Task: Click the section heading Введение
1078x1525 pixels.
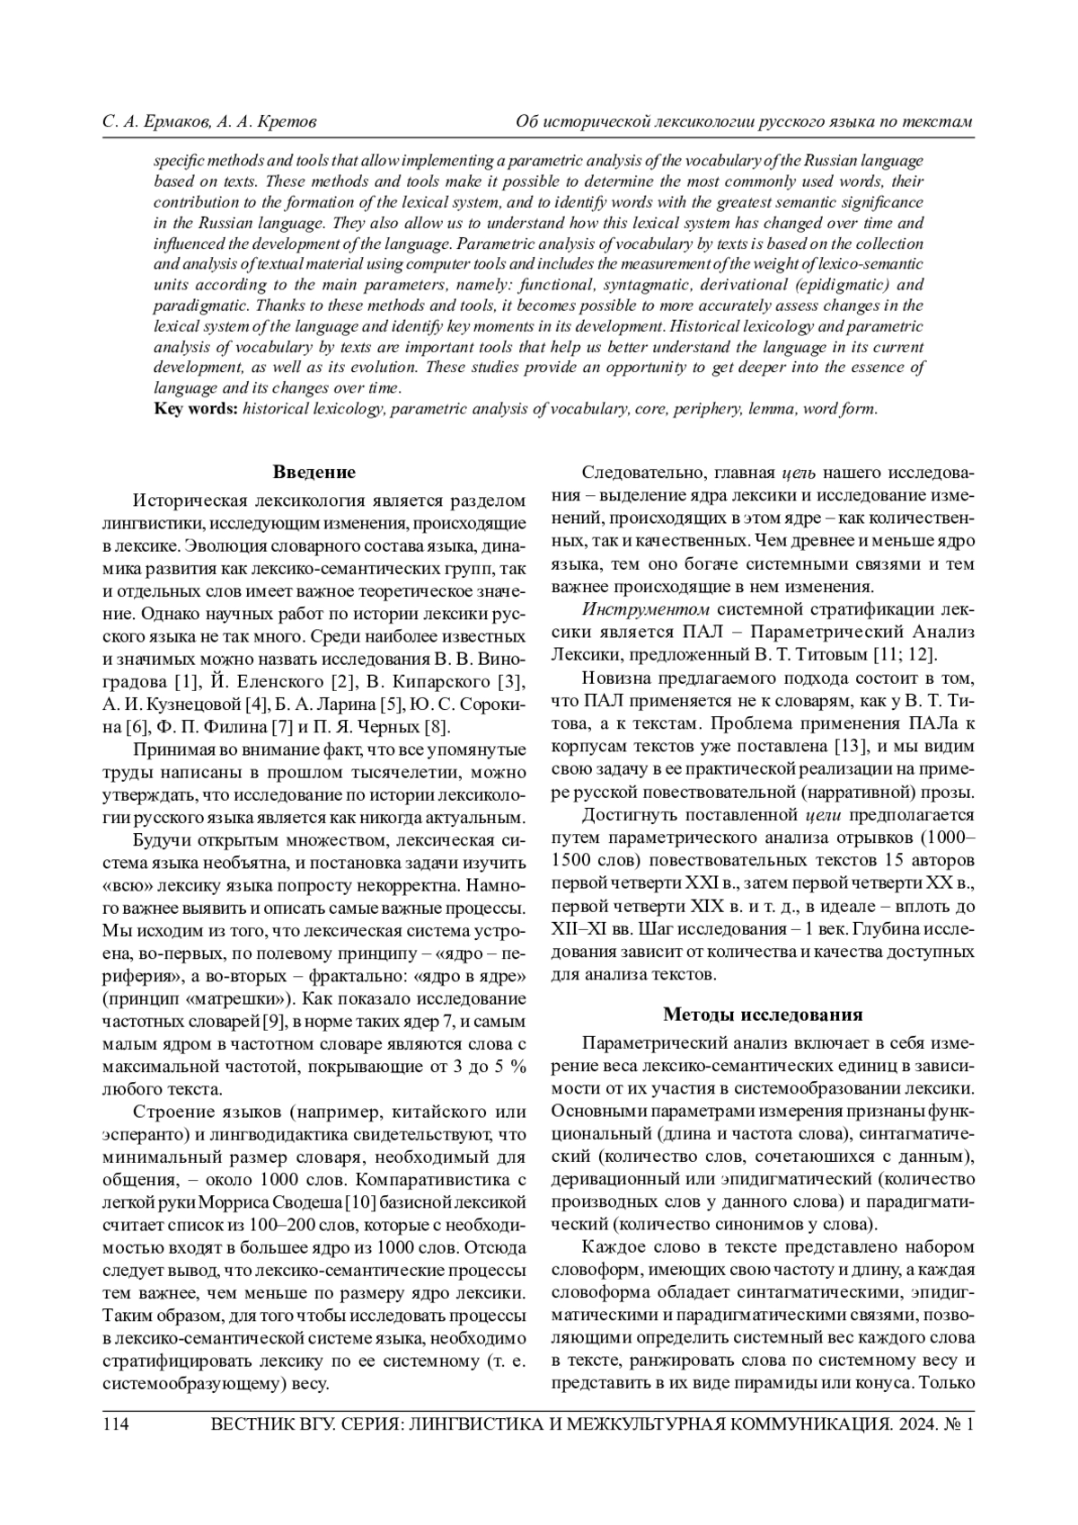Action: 314,472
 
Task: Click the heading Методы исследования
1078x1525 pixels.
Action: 763,1015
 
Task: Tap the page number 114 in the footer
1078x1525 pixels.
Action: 117,1424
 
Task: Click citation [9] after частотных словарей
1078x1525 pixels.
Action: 274,1021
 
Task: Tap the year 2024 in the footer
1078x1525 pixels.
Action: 910,1424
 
